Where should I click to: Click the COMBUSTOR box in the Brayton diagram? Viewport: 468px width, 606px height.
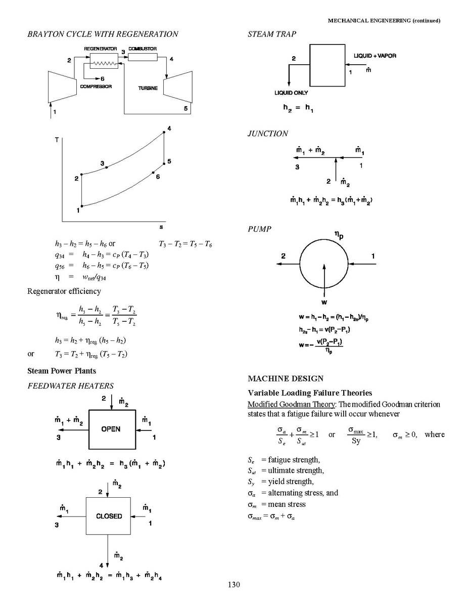tap(143, 57)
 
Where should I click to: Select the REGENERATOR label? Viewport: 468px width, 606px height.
tap(101, 49)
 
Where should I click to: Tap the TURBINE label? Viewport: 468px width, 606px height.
tap(148, 88)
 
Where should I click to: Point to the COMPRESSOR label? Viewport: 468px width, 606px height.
tap(96, 86)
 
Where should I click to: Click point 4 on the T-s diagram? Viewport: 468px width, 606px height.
tap(164, 133)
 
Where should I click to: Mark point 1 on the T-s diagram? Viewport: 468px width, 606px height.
tap(82, 206)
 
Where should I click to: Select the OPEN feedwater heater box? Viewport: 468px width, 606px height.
tap(112, 429)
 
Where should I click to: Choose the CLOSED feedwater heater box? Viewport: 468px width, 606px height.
tap(109, 516)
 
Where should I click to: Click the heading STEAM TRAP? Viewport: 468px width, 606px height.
tap(272, 34)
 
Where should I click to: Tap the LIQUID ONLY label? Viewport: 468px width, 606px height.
tap(291, 93)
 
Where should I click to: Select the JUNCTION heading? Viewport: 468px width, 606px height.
tap(268, 134)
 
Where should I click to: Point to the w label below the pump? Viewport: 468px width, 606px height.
tap(324, 302)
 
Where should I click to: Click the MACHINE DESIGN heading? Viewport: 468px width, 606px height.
tap(286, 378)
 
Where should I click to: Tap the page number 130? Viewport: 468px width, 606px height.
tap(233, 585)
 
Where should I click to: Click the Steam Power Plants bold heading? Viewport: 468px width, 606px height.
tap(62, 371)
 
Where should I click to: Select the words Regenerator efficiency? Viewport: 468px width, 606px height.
tap(64, 291)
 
